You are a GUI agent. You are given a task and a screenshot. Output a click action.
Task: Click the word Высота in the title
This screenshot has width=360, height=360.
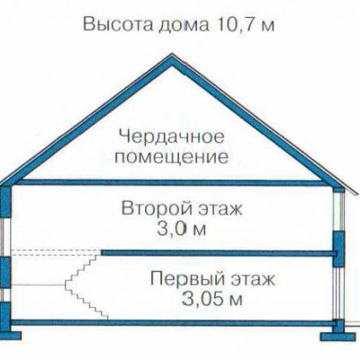point(118,24)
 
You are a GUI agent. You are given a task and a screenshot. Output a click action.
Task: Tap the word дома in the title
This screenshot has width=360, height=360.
point(183,25)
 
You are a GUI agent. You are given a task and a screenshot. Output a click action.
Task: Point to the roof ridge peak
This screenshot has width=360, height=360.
point(172,54)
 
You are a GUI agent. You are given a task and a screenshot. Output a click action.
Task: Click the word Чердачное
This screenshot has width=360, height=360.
point(172,137)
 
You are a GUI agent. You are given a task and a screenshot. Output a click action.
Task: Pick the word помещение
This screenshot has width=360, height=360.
point(172,157)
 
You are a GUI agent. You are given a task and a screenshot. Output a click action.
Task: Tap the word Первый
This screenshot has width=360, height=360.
point(188,278)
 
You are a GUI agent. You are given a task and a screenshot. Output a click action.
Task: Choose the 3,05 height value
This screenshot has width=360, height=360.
point(199,299)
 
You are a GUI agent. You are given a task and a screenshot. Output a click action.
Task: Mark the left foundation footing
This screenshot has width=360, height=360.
point(11,335)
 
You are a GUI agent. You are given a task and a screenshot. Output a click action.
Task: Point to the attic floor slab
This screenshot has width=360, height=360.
point(168,183)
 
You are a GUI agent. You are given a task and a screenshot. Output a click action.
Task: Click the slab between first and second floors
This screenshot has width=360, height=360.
point(219,253)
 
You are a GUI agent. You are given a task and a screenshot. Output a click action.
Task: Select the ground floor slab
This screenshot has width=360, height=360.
point(174,323)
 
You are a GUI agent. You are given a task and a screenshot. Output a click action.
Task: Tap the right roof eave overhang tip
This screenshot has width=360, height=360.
point(357,193)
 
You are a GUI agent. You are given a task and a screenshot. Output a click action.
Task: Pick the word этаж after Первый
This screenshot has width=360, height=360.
point(253,279)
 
